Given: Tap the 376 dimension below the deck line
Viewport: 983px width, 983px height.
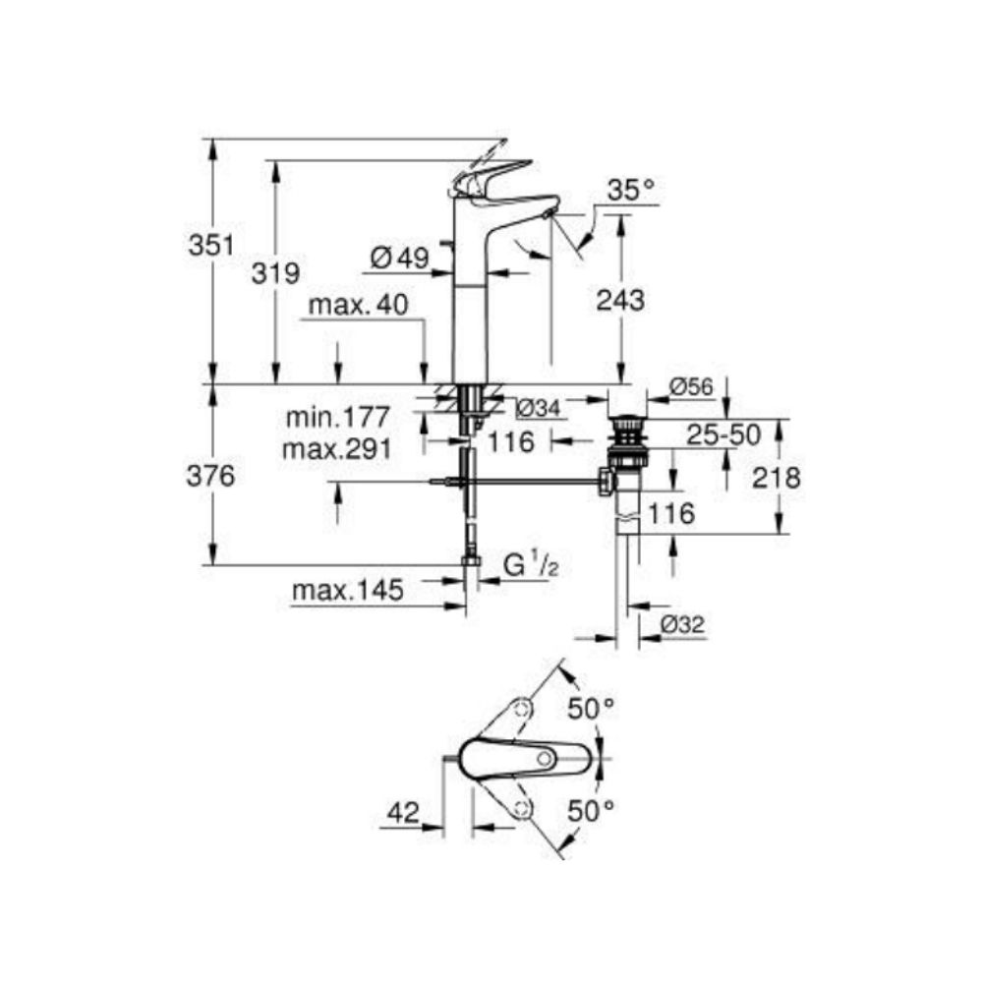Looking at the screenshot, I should [x=211, y=476].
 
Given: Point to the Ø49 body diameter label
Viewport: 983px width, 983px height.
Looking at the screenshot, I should [x=400, y=259].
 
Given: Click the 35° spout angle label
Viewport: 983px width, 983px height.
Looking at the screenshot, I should [x=630, y=191].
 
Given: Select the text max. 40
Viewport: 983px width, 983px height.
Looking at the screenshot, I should [x=356, y=307].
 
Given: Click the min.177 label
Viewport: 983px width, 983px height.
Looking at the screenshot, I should [x=338, y=417].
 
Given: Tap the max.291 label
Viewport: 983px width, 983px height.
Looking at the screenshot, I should [x=336, y=449].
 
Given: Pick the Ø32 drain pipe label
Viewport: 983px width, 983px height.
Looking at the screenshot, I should [x=683, y=624].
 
